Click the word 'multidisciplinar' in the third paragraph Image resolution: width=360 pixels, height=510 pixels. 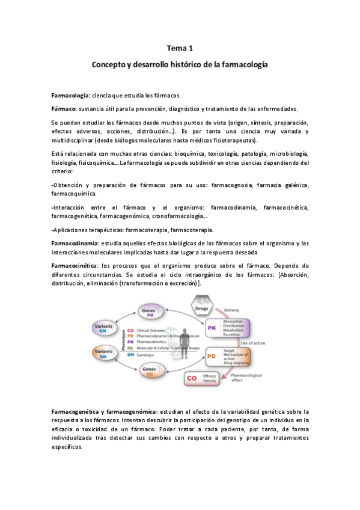(x=74, y=140)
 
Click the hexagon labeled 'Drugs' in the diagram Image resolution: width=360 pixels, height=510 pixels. (x=202, y=307)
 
